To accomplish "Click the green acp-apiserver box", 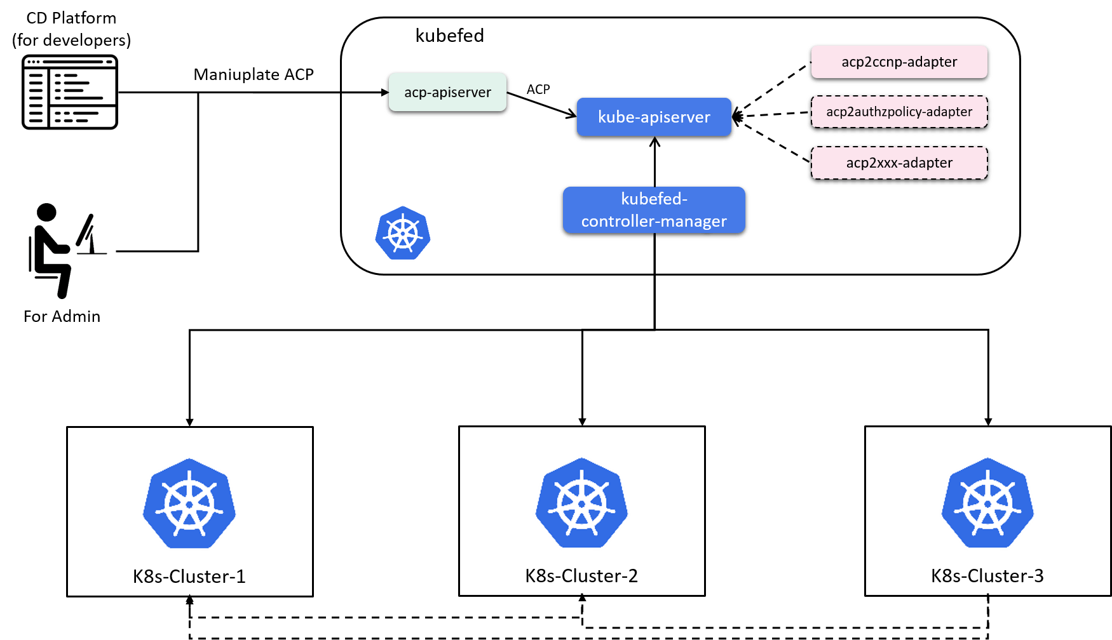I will point(447,92).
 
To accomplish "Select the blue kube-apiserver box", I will point(654,117).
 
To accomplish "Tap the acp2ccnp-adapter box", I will point(899,62).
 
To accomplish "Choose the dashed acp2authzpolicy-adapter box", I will point(899,112).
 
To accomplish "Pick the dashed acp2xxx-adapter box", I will point(899,163).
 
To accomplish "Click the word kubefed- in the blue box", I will point(654,199).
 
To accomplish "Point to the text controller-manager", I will point(654,221).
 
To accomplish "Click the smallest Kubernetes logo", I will point(403,233).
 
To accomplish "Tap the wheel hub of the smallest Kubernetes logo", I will point(403,234).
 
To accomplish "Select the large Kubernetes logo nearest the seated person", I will point(189,503).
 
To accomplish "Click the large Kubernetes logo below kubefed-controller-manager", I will point(581,503).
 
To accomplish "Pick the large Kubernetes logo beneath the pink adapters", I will point(987,503).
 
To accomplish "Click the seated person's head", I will point(46,213).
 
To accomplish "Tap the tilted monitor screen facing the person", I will point(85,230).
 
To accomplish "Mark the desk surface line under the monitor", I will point(92,253).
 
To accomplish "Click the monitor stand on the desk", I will point(93,244).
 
